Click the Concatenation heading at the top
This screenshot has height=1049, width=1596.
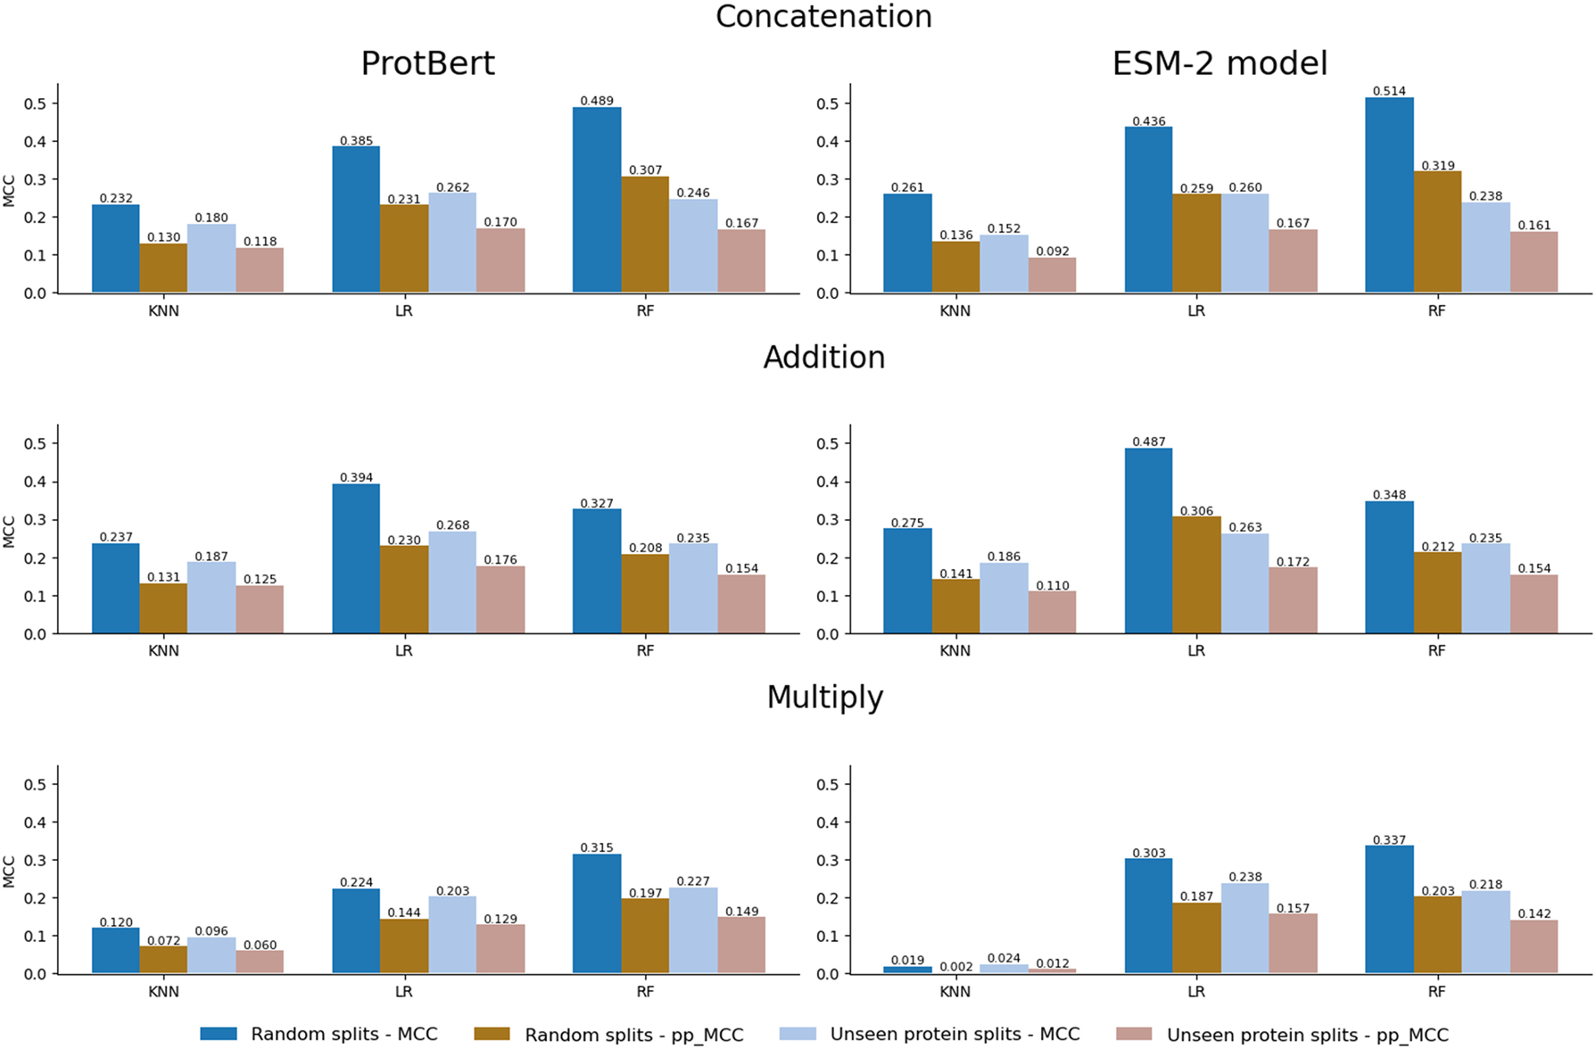[x=823, y=17]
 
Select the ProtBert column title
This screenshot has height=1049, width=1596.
[x=427, y=63]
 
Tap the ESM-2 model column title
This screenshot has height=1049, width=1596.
[x=1220, y=63]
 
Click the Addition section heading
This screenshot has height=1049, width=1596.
[x=823, y=357]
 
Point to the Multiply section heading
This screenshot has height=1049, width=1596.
[x=824, y=697]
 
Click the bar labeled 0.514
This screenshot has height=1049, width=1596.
[x=1388, y=196]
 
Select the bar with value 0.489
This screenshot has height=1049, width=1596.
[x=597, y=201]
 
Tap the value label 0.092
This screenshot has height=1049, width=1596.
[x=1052, y=252]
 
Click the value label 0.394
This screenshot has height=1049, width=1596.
[x=356, y=477]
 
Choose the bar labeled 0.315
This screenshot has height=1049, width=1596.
[x=597, y=914]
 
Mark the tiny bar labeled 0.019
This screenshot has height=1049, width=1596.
[x=907, y=970]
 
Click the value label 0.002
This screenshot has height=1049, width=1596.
[x=955, y=967]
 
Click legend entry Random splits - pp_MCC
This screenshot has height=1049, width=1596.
[x=633, y=1035]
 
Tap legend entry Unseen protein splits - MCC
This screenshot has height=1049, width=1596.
[x=955, y=1035]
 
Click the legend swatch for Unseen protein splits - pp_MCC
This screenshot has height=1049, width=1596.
[x=1134, y=1035]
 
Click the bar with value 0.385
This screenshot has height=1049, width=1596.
[x=356, y=220]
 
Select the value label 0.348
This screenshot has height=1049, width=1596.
[x=1388, y=494]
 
